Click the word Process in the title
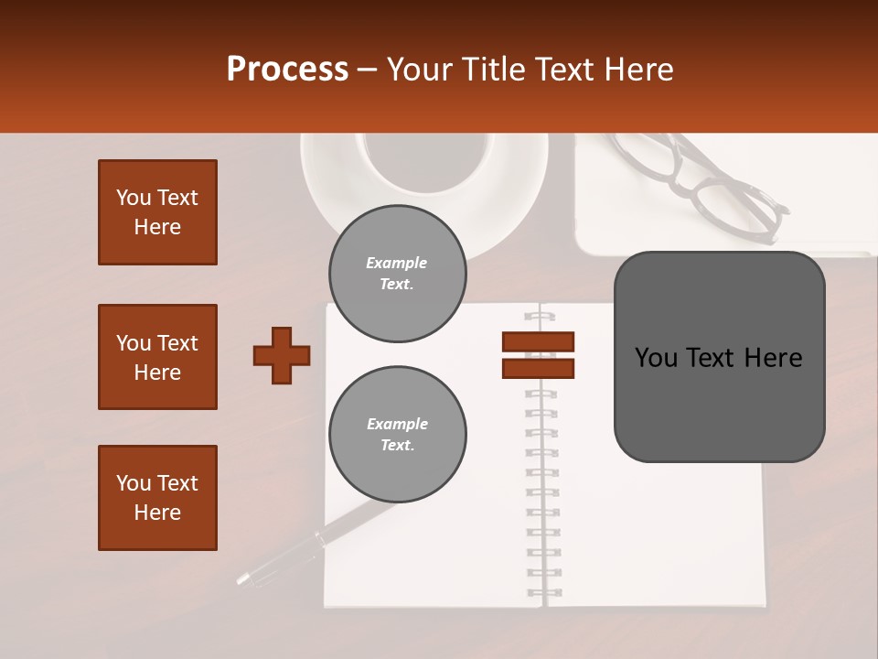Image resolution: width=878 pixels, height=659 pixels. pos(287,70)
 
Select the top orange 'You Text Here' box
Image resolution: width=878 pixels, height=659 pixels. pos(157,212)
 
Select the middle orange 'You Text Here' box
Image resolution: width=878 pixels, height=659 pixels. pos(157,357)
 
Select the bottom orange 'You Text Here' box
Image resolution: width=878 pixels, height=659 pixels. pos(157,498)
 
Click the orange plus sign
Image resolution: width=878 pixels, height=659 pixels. pos(282,355)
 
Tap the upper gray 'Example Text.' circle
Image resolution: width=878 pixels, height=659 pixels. pos(397,274)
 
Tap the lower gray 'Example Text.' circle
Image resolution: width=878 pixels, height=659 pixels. pos(397,435)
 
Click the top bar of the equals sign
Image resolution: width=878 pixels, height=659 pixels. pos(538,341)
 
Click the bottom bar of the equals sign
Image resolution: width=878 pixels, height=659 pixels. pos(538,368)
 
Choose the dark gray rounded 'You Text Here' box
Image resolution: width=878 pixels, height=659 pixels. pos(719,357)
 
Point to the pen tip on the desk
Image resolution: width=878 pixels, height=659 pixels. pos(243,578)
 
